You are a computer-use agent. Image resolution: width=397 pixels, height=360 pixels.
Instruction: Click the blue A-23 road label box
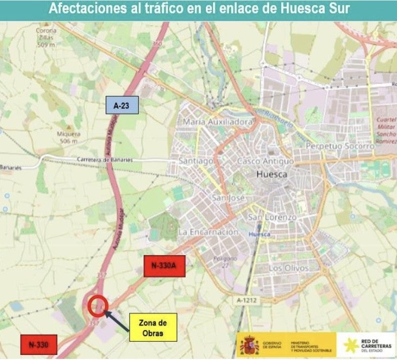coord(122,106)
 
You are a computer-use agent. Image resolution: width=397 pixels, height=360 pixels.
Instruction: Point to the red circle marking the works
coord(97,306)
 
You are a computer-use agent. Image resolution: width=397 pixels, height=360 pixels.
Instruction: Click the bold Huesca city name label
coord(272,174)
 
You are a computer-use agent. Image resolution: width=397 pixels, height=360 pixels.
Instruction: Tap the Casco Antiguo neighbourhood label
coord(266,161)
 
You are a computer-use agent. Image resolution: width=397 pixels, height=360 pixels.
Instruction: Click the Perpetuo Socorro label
coord(340,146)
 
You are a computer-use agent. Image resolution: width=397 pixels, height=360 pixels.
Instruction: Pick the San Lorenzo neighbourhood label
coord(272,217)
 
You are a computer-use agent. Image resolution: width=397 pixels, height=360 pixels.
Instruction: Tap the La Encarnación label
coord(208,232)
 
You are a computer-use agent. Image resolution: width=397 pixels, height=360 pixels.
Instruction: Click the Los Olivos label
coord(289,267)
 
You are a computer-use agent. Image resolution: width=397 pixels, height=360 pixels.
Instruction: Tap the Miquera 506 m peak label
coord(68,137)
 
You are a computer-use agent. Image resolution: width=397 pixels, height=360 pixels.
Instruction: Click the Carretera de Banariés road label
coord(105,160)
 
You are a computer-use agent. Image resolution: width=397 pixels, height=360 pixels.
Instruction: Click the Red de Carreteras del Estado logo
coord(368,345)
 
